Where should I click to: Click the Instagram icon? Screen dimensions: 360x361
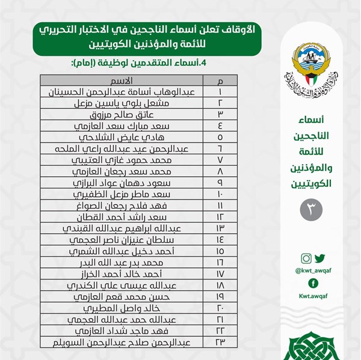[x=306, y=259]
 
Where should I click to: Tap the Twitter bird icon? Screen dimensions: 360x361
[x=319, y=259]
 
